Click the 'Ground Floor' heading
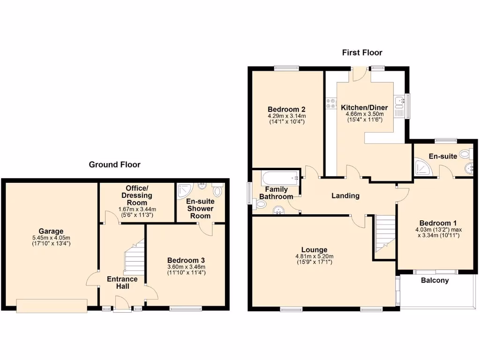click(x=115, y=165)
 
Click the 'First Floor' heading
click(x=362, y=52)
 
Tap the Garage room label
click(x=51, y=231)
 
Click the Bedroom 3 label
click(x=186, y=260)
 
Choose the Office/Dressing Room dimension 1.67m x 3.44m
click(x=137, y=209)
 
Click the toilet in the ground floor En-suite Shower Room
click(x=217, y=191)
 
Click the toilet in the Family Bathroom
click(x=260, y=204)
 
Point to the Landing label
click(x=345, y=195)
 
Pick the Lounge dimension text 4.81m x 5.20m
click(x=314, y=256)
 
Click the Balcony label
click(x=435, y=280)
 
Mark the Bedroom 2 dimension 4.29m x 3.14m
click(x=286, y=116)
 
